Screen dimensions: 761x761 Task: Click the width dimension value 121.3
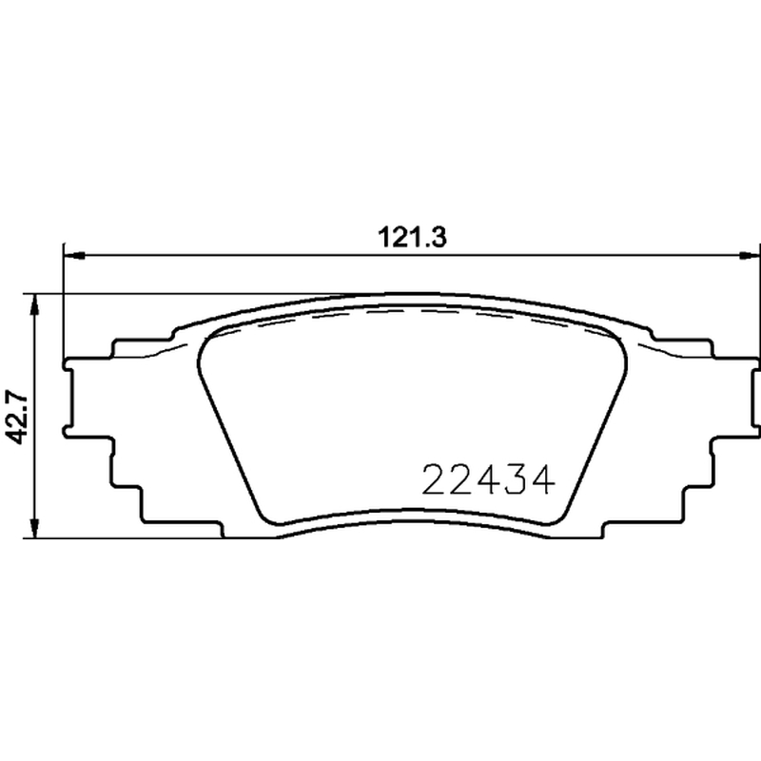(412, 238)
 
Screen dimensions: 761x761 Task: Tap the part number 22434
(488, 480)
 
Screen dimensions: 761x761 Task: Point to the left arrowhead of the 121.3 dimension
(75, 255)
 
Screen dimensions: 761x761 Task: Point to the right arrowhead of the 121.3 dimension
(750, 255)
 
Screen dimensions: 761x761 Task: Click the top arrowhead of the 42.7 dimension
(34, 304)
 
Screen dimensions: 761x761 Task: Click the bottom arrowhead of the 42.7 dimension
(34, 527)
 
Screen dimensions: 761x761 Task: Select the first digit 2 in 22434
(433, 480)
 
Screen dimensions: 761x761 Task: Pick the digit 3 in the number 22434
(515, 480)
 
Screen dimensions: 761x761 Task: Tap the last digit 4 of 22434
(542, 480)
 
